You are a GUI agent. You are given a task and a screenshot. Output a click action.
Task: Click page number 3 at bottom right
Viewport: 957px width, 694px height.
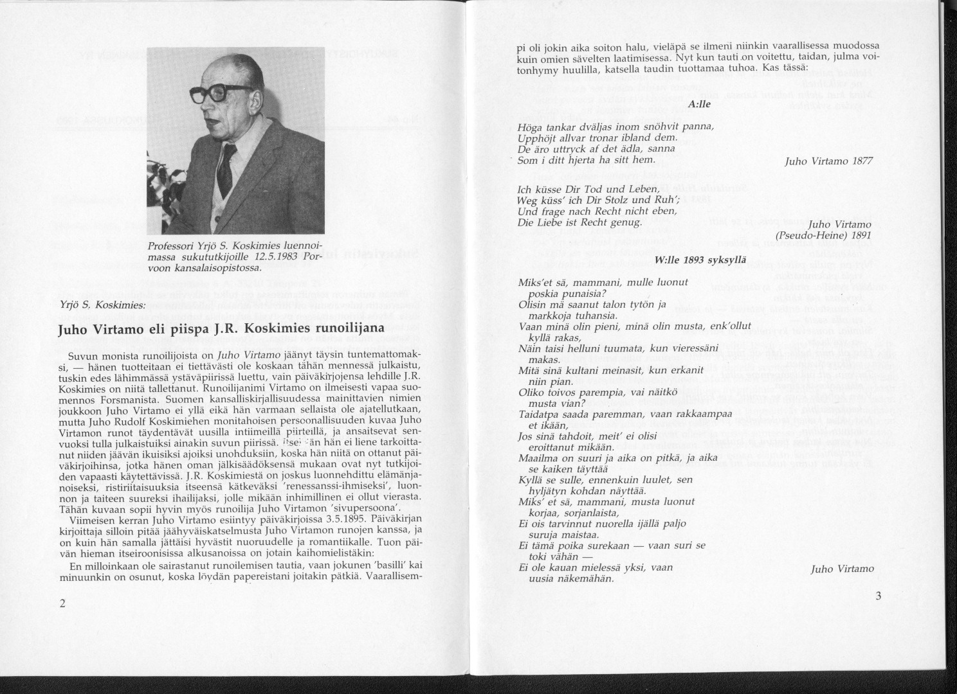[879, 596]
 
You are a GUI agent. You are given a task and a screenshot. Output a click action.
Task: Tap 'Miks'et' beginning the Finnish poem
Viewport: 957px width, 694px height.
[536, 282]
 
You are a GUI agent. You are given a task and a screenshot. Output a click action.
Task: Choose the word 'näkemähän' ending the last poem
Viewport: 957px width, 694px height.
[579, 577]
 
